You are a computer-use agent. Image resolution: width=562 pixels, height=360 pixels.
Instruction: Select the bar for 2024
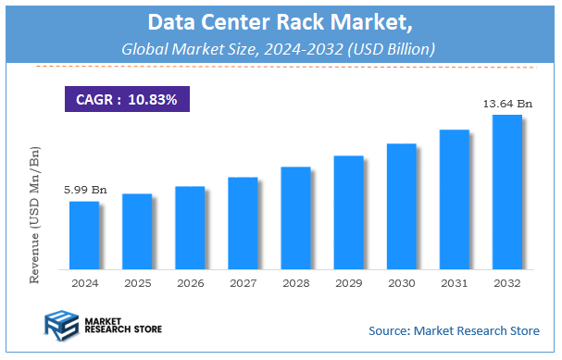pyautogui.click(x=83, y=235)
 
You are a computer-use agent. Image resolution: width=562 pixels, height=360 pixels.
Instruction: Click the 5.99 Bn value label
pyautogui.click(x=85, y=190)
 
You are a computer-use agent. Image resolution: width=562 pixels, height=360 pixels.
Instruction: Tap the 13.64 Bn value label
pyautogui.click(x=507, y=105)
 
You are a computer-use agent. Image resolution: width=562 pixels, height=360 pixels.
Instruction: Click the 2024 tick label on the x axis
pyautogui.click(x=83, y=282)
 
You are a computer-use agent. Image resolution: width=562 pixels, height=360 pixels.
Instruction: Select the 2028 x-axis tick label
pyautogui.click(x=294, y=282)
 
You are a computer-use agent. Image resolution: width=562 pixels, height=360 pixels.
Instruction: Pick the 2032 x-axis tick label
pyautogui.click(x=506, y=282)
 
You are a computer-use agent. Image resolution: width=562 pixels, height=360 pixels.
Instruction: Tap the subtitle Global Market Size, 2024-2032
pyautogui.click(x=281, y=46)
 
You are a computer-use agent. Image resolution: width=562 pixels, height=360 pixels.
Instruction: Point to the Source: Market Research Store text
pyautogui.click(x=453, y=330)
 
